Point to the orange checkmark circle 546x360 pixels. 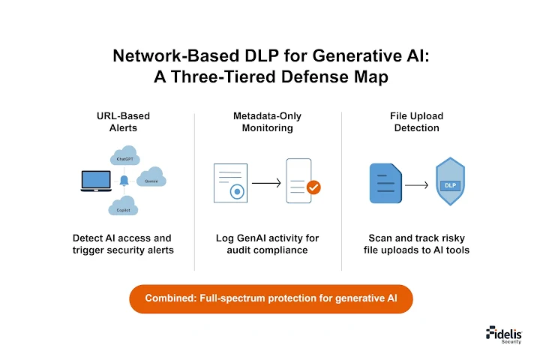[314, 187]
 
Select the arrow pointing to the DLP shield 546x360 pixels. [416, 183]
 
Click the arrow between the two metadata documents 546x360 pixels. [266, 182]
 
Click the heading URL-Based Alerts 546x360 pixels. [122, 122]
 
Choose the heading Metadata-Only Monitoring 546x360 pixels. [268, 122]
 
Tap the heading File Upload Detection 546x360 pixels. [416, 122]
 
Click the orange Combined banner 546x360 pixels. [271, 298]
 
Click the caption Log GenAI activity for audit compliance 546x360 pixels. [268, 244]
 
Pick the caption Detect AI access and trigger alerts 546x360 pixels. [122, 244]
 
